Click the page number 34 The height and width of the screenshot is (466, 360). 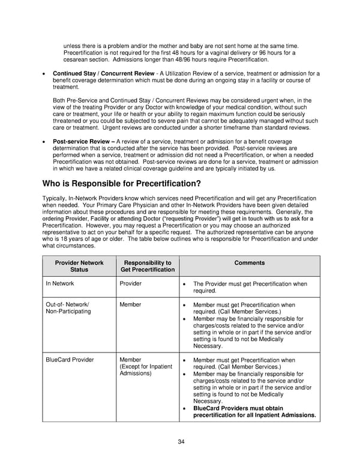181,442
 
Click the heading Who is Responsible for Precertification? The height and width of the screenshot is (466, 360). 121,183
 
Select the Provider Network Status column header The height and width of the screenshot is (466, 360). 79,266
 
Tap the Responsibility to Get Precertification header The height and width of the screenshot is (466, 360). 147,266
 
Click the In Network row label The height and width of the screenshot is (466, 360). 60,283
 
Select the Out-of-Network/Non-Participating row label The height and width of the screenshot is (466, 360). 68,308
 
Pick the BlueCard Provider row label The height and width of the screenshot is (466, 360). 70,360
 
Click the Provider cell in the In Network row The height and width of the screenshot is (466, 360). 131,283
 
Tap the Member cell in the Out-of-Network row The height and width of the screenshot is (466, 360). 131,304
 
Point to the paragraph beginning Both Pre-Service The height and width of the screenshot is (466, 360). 186,114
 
